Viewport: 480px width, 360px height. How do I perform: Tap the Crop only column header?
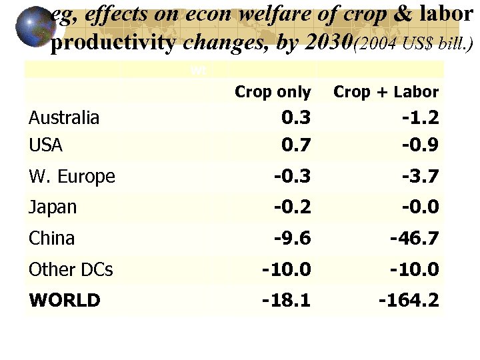(x=273, y=92)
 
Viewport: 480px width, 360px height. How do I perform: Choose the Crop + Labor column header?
(x=386, y=92)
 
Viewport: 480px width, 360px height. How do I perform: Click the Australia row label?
(x=64, y=118)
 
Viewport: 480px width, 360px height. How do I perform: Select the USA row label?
(x=45, y=145)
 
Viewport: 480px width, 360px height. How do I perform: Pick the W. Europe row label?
(x=72, y=177)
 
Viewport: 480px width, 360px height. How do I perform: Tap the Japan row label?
(x=53, y=207)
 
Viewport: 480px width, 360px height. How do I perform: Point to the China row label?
(x=51, y=238)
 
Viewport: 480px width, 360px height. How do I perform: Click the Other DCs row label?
(x=71, y=269)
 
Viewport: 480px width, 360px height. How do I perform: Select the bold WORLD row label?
(x=65, y=300)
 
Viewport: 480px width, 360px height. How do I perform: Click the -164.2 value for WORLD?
(x=409, y=300)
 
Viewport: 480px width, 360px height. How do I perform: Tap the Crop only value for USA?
(x=296, y=145)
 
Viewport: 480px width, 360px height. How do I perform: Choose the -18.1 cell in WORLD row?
(x=287, y=300)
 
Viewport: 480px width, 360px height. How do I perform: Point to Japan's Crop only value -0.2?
(x=293, y=207)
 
